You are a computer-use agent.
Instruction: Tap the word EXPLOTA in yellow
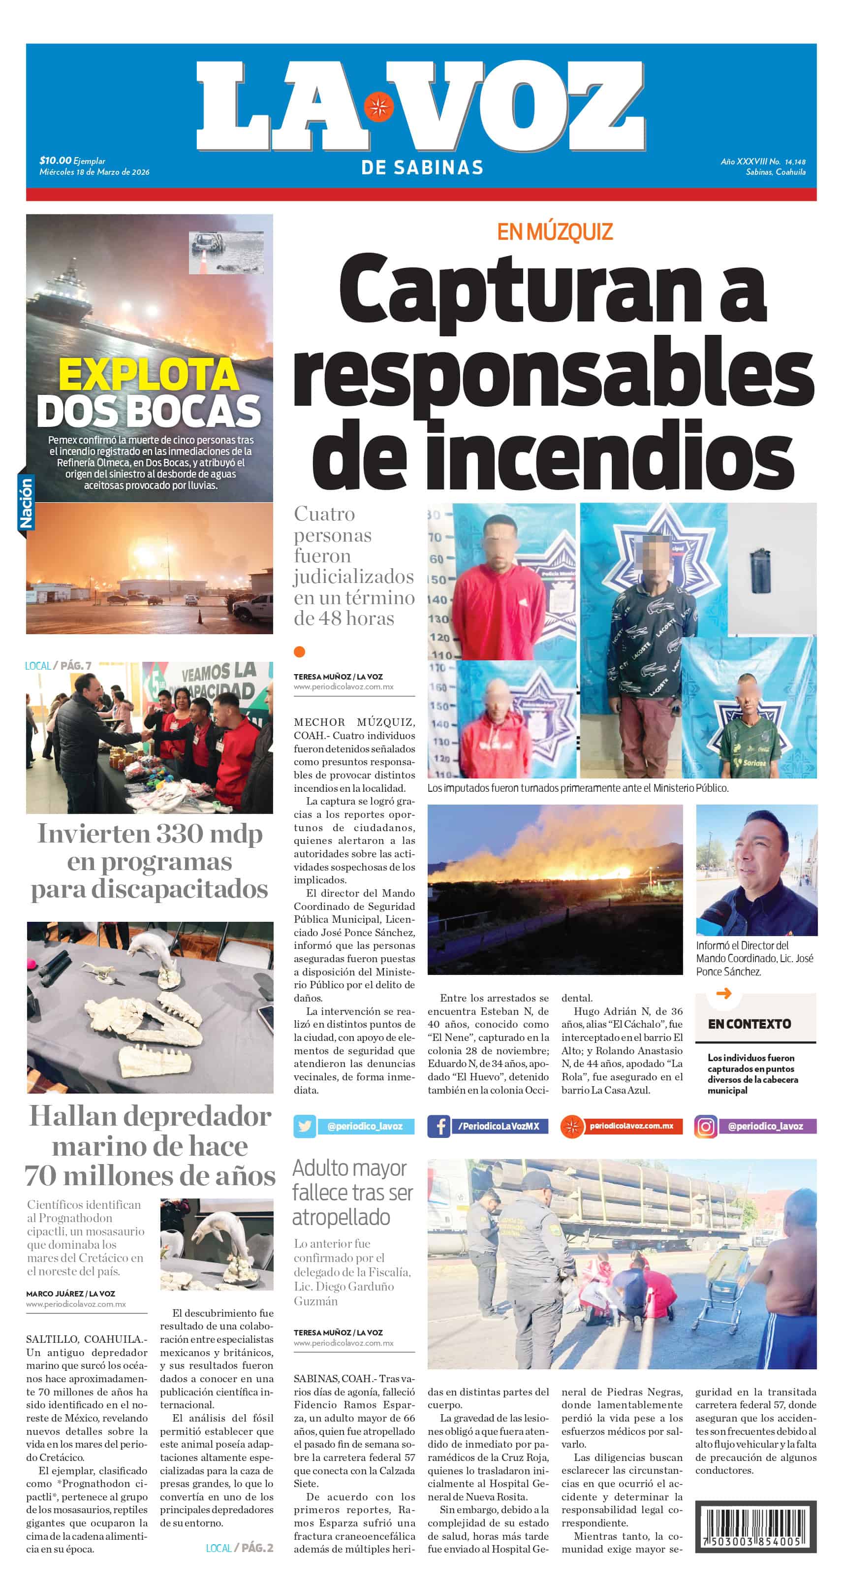[149, 374]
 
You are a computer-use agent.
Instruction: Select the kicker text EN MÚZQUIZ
[555, 232]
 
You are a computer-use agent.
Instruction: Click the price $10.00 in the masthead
[56, 161]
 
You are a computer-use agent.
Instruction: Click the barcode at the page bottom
[755, 1526]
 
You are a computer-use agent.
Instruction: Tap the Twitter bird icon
[305, 1126]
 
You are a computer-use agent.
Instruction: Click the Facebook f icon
[439, 1126]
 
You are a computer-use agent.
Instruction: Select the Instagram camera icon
[706, 1126]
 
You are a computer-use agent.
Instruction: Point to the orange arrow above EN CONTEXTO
[724, 993]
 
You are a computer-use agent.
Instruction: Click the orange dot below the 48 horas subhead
[300, 651]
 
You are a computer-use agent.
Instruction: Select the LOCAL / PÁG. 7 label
[58, 666]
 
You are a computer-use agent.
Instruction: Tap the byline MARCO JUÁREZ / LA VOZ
[70, 1294]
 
